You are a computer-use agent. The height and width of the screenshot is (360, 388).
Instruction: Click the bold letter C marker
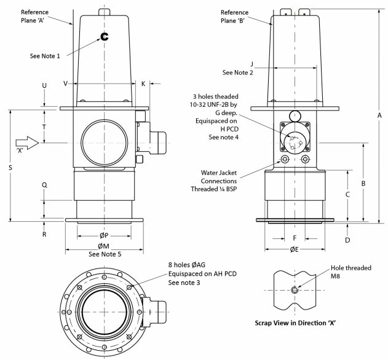(x=105, y=36)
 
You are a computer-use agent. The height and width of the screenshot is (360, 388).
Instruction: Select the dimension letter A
(x=380, y=115)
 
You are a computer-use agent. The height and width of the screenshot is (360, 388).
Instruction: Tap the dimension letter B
(x=364, y=183)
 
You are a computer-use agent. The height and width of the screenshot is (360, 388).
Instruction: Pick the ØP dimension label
(x=104, y=234)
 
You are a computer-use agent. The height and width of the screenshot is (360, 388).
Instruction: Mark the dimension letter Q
(x=44, y=185)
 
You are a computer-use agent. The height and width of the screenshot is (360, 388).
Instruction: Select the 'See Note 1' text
(x=45, y=56)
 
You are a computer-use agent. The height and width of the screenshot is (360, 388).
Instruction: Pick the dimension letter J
(x=251, y=63)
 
